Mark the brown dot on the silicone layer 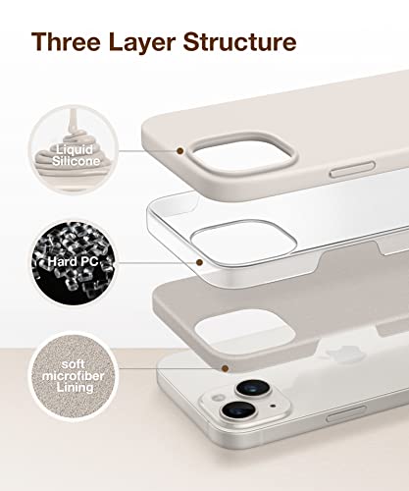click(x=180, y=151)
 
